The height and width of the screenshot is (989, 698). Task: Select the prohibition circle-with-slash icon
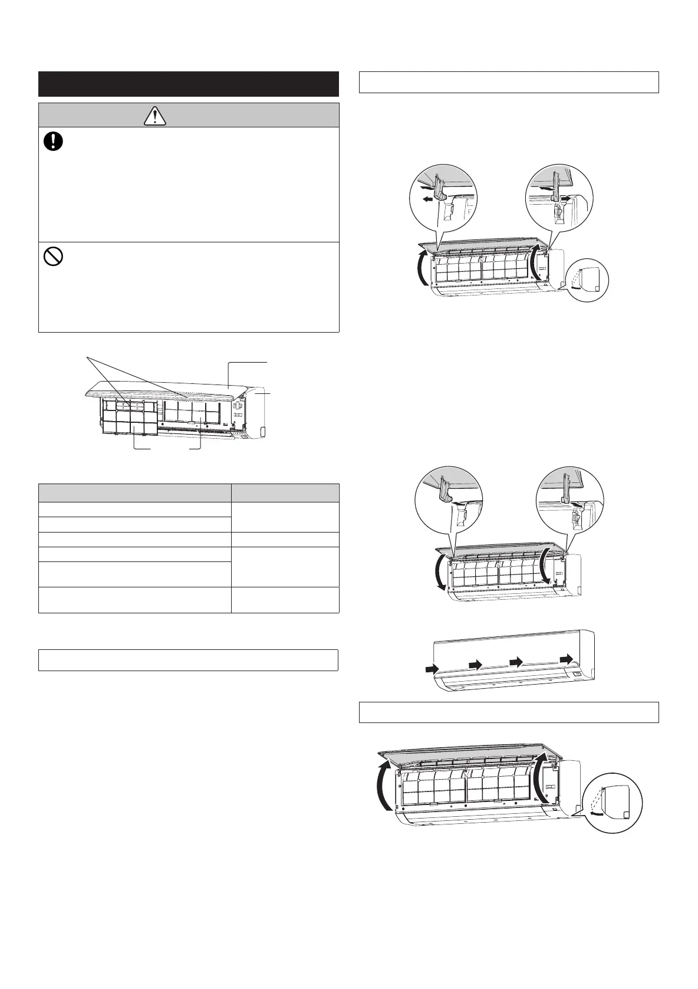(54, 257)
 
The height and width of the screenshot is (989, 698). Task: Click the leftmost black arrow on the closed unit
(432, 669)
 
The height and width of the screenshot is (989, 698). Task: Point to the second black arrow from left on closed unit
(476, 665)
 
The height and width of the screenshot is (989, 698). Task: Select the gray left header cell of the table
(135, 493)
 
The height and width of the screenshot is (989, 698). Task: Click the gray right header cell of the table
(285, 493)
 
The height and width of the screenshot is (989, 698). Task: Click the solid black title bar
(188, 84)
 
